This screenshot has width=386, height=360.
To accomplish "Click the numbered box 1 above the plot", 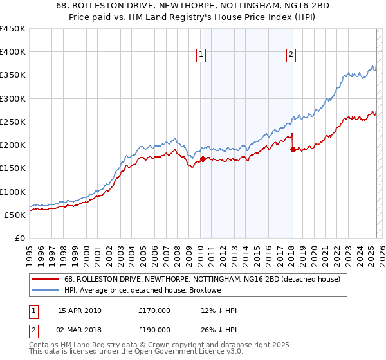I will (201, 55).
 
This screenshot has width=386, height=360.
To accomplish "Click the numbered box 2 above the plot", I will (291, 55).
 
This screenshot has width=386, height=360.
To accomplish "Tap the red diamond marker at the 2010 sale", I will (203, 159).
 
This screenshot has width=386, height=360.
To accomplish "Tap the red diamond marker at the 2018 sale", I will (293, 149).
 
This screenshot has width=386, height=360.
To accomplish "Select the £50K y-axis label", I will (15, 215).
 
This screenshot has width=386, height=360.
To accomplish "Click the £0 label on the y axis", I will (20, 238).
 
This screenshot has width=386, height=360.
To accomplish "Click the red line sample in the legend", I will (46, 279).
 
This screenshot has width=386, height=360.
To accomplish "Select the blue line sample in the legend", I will (46, 290).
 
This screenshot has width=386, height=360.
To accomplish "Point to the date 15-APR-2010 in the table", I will (80, 310).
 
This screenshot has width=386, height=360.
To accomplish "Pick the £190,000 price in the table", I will (154, 331).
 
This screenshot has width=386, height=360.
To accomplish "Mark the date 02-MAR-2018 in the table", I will (80, 331).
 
